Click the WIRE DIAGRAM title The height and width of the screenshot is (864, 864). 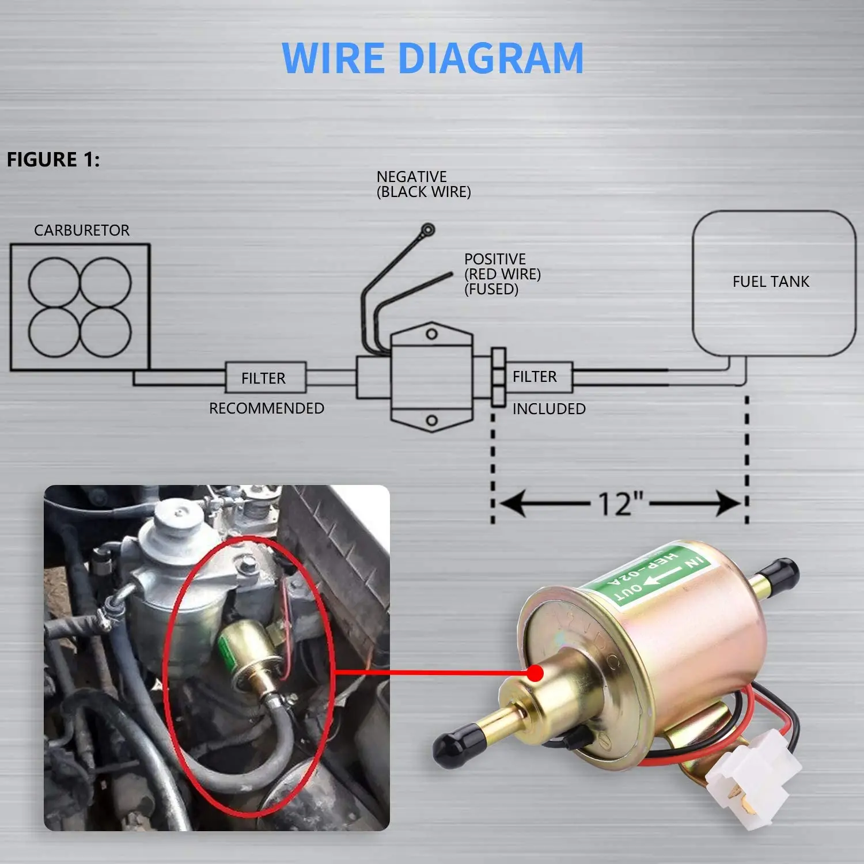[433, 58]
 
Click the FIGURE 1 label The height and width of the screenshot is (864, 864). [53, 160]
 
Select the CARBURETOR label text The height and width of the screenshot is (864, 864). [81, 230]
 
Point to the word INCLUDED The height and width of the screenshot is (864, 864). [549, 409]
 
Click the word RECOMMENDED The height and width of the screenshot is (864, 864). [266, 408]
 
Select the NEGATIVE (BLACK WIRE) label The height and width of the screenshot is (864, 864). [423, 184]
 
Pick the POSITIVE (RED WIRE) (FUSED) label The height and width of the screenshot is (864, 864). [502, 274]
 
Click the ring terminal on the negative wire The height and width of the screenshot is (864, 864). [427, 230]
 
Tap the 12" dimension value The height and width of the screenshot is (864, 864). [620, 505]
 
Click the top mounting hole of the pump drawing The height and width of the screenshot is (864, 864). [431, 334]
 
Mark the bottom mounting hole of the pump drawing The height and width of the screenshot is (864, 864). [431, 420]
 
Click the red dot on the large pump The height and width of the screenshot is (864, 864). [535, 673]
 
